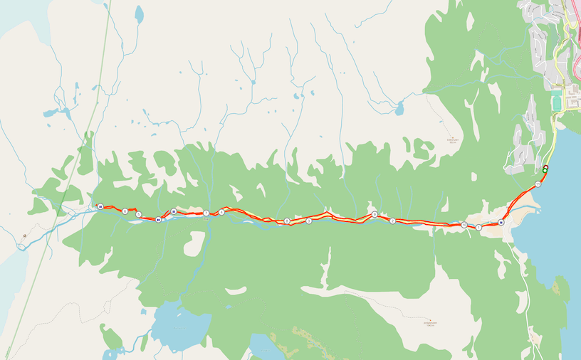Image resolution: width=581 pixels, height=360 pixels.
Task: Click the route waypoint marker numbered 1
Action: pos(478,228)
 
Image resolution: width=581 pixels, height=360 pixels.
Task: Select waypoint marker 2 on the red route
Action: pos(392,221)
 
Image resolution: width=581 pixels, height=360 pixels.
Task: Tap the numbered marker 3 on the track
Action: pos(308,221)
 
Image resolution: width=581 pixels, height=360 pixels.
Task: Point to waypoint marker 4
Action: pos(221,212)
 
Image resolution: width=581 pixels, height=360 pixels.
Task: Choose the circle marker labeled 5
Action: pos(138,214)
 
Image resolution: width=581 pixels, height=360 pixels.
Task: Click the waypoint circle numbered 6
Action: pos(125,211)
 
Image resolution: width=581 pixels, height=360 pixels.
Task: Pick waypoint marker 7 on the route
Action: pos(206,213)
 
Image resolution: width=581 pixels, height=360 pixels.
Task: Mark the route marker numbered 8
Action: pos(286,221)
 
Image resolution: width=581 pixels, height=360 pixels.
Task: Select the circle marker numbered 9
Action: pos(374,214)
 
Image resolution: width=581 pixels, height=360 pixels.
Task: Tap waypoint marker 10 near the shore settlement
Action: pos(464,225)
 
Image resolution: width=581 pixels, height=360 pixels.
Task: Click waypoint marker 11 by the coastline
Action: pos(538,184)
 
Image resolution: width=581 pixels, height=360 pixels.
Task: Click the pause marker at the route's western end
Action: pos(100,207)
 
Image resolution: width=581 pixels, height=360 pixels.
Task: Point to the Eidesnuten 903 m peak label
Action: pos(451,139)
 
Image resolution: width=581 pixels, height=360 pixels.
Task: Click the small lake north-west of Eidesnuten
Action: pos(400,109)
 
